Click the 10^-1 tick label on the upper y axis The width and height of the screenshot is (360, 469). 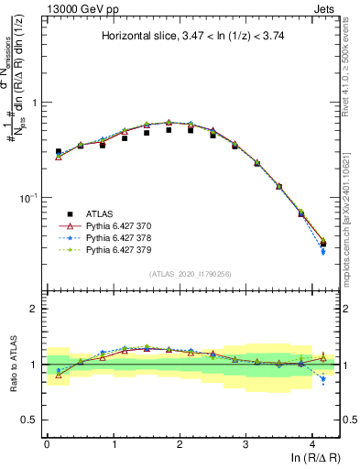coord(30,198)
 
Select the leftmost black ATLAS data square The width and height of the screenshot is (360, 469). coord(59,152)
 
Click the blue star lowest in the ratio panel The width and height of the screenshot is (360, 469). coord(322,378)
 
